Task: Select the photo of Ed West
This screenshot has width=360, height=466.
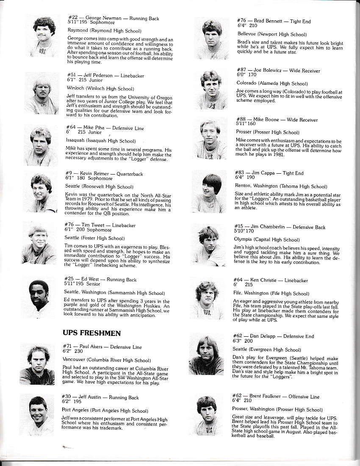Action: [42, 299]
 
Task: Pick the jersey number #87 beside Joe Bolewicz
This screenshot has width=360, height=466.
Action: [241, 71]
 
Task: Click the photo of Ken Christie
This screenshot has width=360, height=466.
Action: [208, 299]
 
